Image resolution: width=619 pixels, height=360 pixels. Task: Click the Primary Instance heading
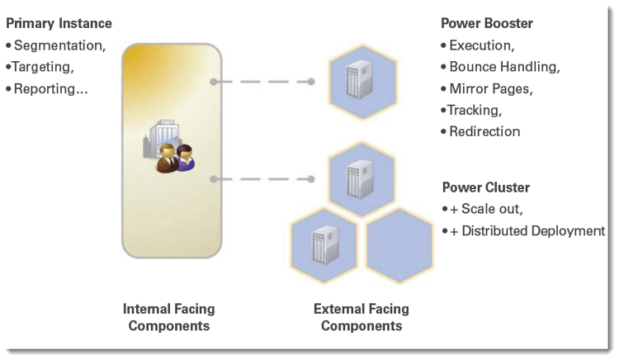point(59,23)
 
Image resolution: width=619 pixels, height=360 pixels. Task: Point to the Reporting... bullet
point(50,88)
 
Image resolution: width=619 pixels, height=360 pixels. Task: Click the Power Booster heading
point(488,23)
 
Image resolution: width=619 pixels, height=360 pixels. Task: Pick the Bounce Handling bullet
point(504,67)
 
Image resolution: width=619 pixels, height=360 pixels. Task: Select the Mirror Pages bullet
point(490,88)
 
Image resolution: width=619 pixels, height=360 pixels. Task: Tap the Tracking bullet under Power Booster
point(475,110)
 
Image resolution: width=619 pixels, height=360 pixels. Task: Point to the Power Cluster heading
point(485,187)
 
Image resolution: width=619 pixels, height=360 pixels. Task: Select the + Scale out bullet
point(487,209)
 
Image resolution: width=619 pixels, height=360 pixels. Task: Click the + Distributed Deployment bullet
point(527,230)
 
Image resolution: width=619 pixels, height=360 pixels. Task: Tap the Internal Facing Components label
point(168,317)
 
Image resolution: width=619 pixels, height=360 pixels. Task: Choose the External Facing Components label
point(361,317)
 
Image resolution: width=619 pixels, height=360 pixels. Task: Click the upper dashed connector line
point(263,82)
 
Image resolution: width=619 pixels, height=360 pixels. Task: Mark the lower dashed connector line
point(263,178)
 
